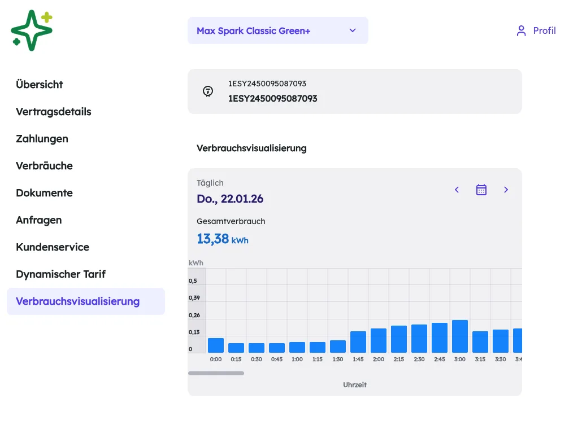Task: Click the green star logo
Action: pyautogui.click(x=32, y=30)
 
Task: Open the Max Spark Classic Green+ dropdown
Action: pyautogui.click(x=277, y=30)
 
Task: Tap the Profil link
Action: pyautogui.click(x=536, y=31)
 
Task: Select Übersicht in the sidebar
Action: pyautogui.click(x=40, y=85)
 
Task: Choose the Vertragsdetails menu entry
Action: pyautogui.click(x=54, y=112)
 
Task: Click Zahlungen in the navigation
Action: pyautogui.click(x=42, y=139)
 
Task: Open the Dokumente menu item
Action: pyautogui.click(x=44, y=192)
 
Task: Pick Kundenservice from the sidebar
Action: pyautogui.click(x=53, y=247)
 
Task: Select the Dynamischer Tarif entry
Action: pyautogui.click(x=60, y=274)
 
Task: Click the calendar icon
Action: pyautogui.click(x=481, y=190)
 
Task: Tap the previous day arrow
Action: pyautogui.click(x=457, y=190)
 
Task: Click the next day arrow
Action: pyautogui.click(x=506, y=190)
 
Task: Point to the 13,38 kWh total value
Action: pyautogui.click(x=222, y=239)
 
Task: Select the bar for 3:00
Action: pyautogui.click(x=460, y=336)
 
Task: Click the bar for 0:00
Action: pyautogui.click(x=216, y=345)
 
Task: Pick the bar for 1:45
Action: pyautogui.click(x=358, y=341)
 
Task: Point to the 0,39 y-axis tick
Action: pyautogui.click(x=194, y=297)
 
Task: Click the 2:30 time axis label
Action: pyautogui.click(x=419, y=359)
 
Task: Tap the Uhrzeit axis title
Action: pyautogui.click(x=355, y=385)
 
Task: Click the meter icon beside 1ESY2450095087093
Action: pyautogui.click(x=208, y=91)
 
